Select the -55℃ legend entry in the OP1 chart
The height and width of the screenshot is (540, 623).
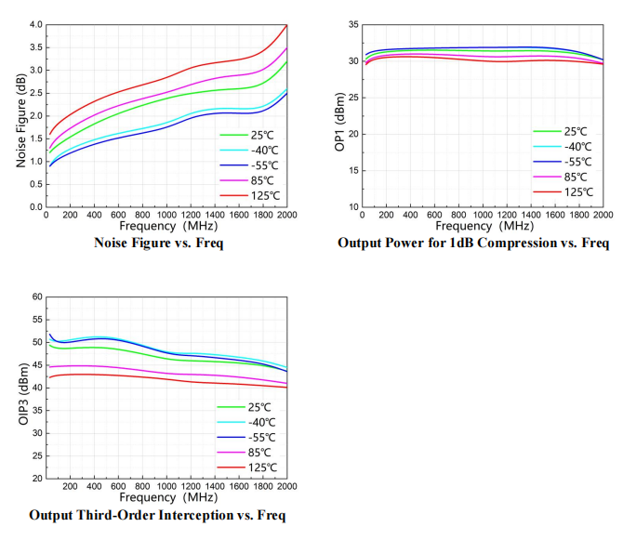[569, 163]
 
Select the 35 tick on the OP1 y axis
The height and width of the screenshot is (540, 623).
[351, 25]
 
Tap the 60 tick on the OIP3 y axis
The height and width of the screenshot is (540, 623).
[36, 296]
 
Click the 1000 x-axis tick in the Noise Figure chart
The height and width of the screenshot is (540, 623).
[166, 215]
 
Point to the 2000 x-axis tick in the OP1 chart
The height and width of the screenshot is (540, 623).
[603, 215]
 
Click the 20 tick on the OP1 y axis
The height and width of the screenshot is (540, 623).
[351, 134]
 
